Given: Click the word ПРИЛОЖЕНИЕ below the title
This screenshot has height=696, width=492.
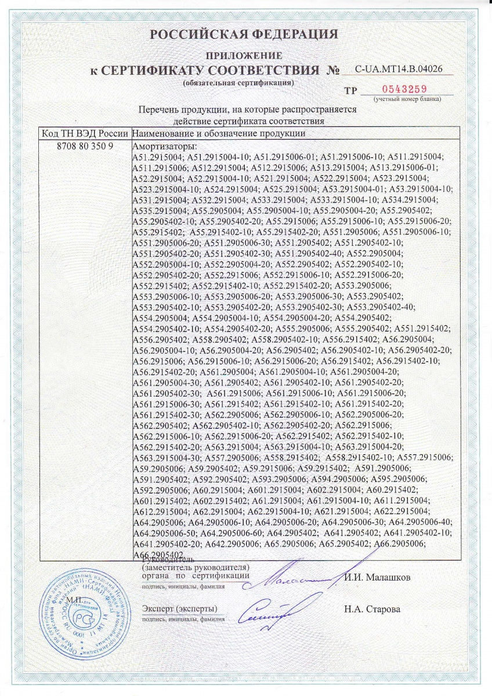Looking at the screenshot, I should [244, 56].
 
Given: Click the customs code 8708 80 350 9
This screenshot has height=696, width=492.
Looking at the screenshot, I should [85, 146].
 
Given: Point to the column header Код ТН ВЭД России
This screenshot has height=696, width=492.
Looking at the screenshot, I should [85, 133].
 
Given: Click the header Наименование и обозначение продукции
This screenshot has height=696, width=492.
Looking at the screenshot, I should [219, 133].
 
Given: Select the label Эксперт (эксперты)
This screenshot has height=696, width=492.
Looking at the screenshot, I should [179, 608].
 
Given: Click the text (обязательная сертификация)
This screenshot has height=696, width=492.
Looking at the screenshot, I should [238, 82].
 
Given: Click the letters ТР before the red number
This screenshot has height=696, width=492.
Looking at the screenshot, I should [351, 90].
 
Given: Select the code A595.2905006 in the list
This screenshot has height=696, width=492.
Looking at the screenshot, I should [394, 478].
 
